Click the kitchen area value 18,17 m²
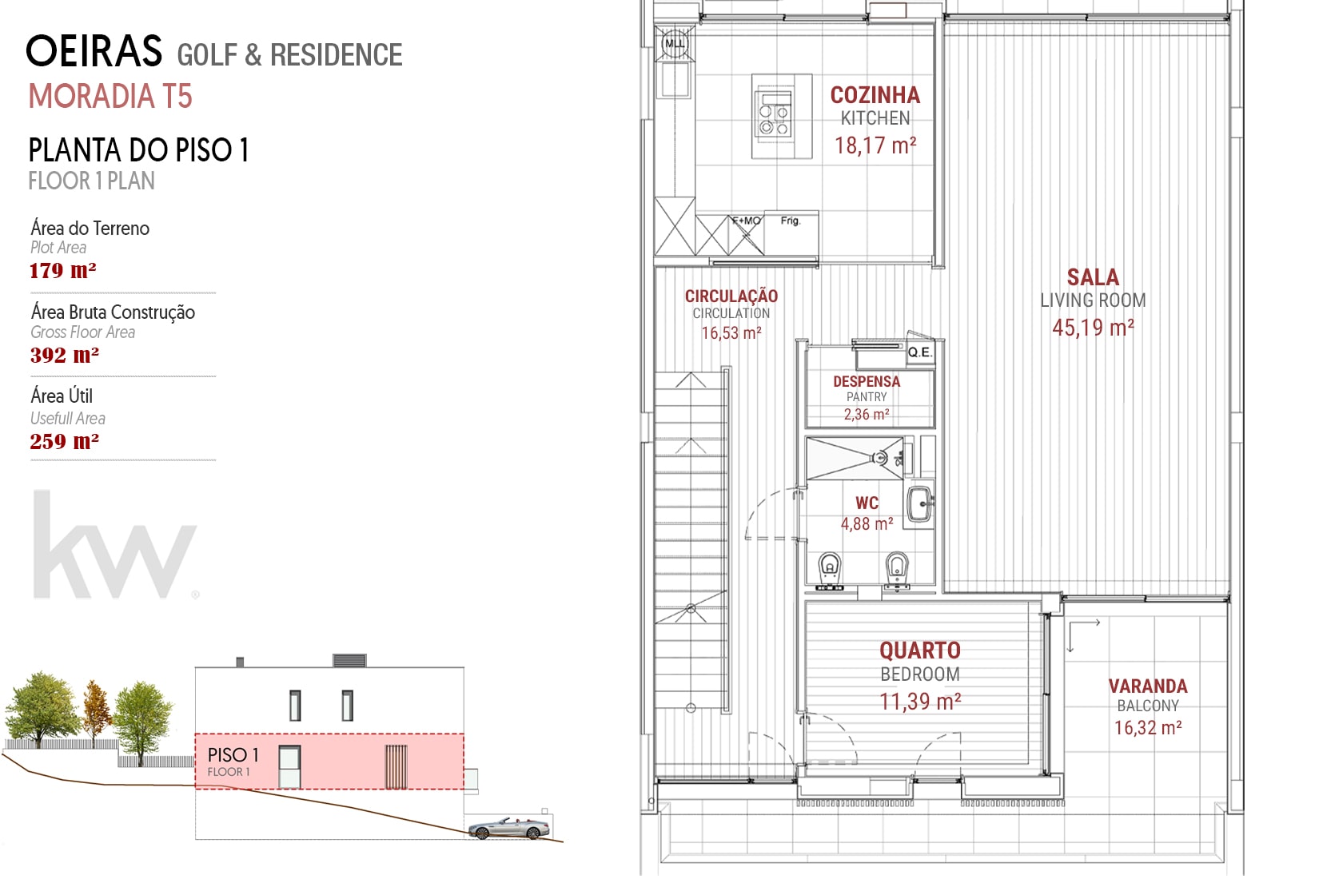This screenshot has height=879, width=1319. pyautogui.click(x=875, y=145)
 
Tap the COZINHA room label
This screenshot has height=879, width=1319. pyautogui.click(x=875, y=95)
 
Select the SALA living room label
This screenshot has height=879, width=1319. pyautogui.click(x=1093, y=277)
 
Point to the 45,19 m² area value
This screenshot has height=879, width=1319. pyautogui.click(x=1093, y=328)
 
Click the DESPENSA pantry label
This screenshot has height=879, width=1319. pyautogui.click(x=867, y=381)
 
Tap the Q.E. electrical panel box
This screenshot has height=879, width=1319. pyautogui.click(x=920, y=352)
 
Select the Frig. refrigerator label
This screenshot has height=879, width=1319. pyautogui.click(x=791, y=221)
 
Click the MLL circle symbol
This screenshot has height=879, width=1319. pyautogui.click(x=675, y=44)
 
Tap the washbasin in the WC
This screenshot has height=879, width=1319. pyautogui.click(x=920, y=504)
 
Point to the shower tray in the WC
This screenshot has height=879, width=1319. pyautogui.click(x=855, y=458)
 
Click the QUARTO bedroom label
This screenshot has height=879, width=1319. pyautogui.click(x=920, y=650)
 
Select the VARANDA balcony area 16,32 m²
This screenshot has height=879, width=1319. pyautogui.click(x=1148, y=728)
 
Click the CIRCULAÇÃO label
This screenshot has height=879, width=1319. pyautogui.click(x=731, y=296)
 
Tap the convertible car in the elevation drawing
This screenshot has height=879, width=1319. pyautogui.click(x=508, y=828)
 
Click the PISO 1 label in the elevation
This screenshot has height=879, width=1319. pyautogui.click(x=233, y=755)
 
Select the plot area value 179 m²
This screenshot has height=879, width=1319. pyautogui.click(x=63, y=271)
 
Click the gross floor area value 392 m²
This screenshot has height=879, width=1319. pyautogui.click(x=64, y=355)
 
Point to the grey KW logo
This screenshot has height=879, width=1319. pyautogui.click(x=115, y=545)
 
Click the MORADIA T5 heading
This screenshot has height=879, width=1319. pyautogui.click(x=110, y=97)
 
